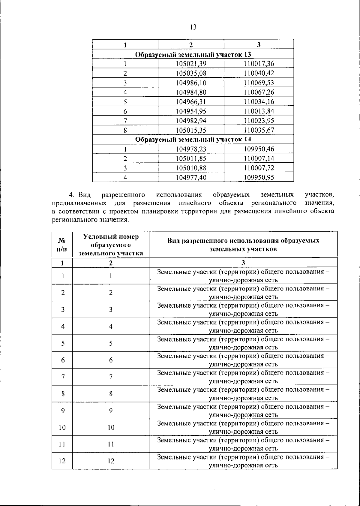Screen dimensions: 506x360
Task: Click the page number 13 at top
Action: tap(193, 27)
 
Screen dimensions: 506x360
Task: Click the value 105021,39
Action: tap(191, 64)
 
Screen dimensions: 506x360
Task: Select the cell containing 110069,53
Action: tap(259, 83)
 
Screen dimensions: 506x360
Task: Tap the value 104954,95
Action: tap(191, 111)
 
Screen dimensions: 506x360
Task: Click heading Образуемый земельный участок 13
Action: tap(193, 54)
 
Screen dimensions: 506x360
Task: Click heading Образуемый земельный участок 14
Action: tap(193, 140)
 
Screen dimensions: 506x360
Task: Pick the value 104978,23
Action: tap(191, 149)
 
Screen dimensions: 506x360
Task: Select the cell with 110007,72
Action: tap(259, 168)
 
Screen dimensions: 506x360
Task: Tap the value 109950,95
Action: tap(259, 178)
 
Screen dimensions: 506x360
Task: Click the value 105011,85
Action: tap(191, 159)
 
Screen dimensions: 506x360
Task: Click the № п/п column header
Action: tap(62, 245)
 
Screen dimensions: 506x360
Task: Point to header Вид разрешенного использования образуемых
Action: tap(243, 241)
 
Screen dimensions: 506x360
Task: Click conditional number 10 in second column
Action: tap(111, 427)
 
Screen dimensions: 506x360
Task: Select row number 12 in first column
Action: tap(62, 461)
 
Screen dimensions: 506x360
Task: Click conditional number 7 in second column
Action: tap(111, 377)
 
